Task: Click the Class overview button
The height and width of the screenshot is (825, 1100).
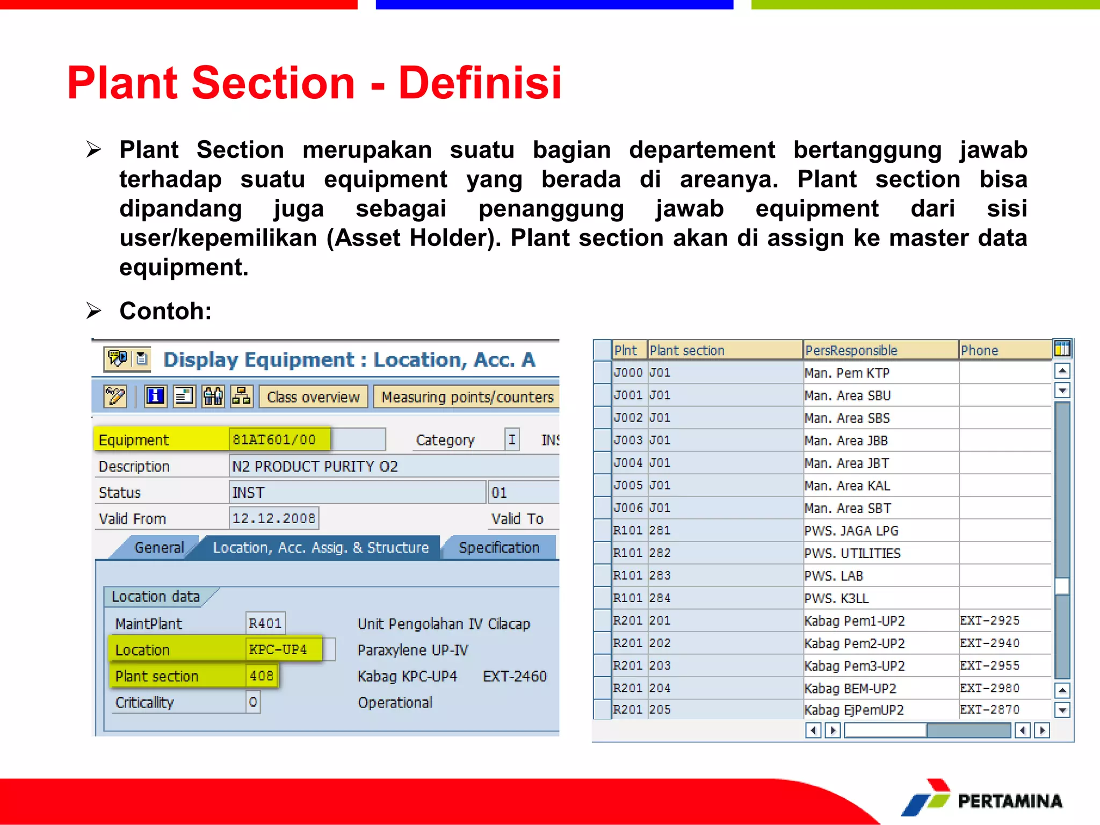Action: (x=313, y=397)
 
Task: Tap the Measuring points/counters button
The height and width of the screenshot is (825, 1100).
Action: (x=466, y=397)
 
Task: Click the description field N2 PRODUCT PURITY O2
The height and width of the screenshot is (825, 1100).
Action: (x=315, y=466)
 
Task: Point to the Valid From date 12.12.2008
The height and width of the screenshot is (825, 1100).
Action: (x=273, y=518)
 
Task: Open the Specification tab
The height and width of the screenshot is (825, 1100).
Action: (x=499, y=547)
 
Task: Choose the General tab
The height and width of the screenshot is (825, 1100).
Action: (x=159, y=547)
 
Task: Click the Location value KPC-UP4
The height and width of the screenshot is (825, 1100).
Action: (x=278, y=649)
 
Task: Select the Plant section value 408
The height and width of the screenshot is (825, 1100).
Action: (x=262, y=676)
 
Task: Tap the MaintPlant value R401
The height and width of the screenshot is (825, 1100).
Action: (x=265, y=623)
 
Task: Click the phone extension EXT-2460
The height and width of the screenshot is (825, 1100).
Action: (x=515, y=676)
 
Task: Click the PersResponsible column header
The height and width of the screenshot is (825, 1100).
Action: (x=851, y=350)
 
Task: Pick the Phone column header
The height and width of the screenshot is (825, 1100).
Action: (x=980, y=350)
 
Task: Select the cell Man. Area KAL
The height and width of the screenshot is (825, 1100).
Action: (x=847, y=486)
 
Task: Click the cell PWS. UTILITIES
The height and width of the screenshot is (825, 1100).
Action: (x=852, y=553)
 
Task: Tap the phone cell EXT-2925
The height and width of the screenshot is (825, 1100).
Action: (x=989, y=621)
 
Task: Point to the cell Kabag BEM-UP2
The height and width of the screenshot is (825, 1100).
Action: (x=850, y=689)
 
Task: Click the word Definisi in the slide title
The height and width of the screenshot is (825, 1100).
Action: (x=480, y=83)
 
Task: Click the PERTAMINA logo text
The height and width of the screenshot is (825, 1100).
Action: (x=1010, y=801)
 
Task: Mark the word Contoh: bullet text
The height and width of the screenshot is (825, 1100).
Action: (x=165, y=311)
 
